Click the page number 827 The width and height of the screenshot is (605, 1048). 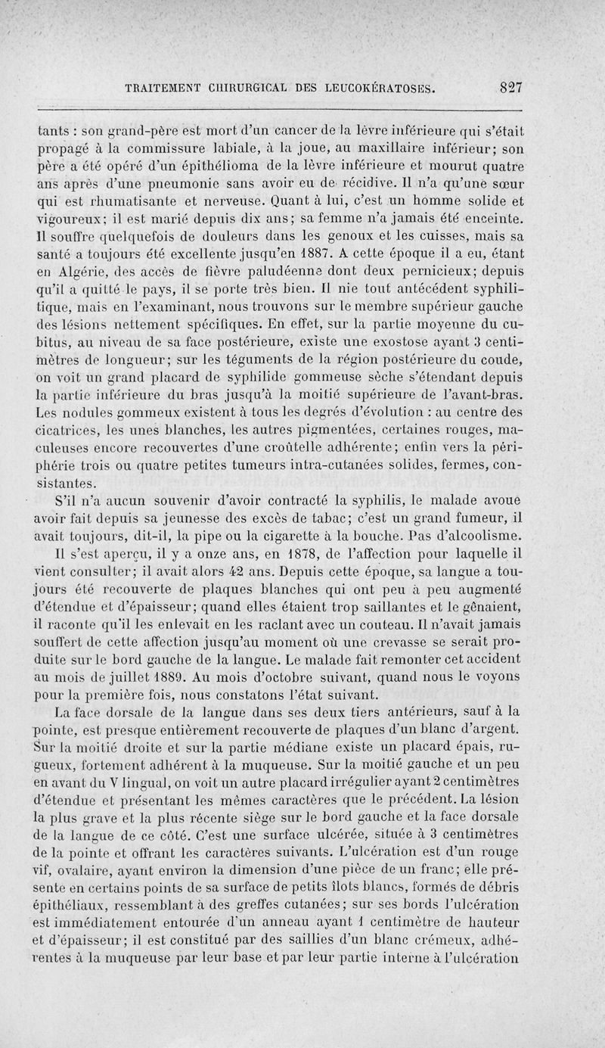pos(512,86)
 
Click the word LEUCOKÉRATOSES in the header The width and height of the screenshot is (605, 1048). pos(375,87)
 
